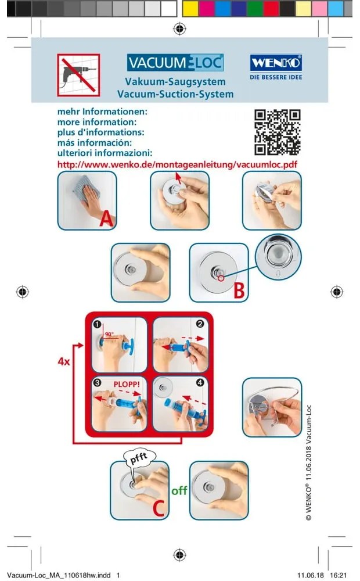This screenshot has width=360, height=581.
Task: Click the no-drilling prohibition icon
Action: [x=78, y=75]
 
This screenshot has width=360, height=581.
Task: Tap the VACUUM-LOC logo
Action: [x=175, y=63]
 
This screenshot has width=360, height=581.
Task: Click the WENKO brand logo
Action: [x=275, y=63]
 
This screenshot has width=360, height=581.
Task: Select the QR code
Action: [x=278, y=132]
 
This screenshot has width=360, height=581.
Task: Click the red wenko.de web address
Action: [x=177, y=164]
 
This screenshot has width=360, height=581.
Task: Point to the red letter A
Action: [x=106, y=219]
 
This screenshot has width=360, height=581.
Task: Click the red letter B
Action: [x=238, y=290]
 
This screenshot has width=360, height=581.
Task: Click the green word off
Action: [x=179, y=491]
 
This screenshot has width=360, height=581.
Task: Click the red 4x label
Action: [x=64, y=361]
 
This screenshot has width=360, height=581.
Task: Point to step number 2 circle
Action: [x=200, y=324]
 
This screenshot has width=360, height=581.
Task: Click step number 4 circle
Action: [x=200, y=383]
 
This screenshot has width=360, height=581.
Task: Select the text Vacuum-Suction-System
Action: [x=175, y=94]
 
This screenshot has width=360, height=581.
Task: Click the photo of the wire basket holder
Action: [x=272, y=407]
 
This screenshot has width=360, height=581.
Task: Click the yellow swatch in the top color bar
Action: [x=190, y=8]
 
